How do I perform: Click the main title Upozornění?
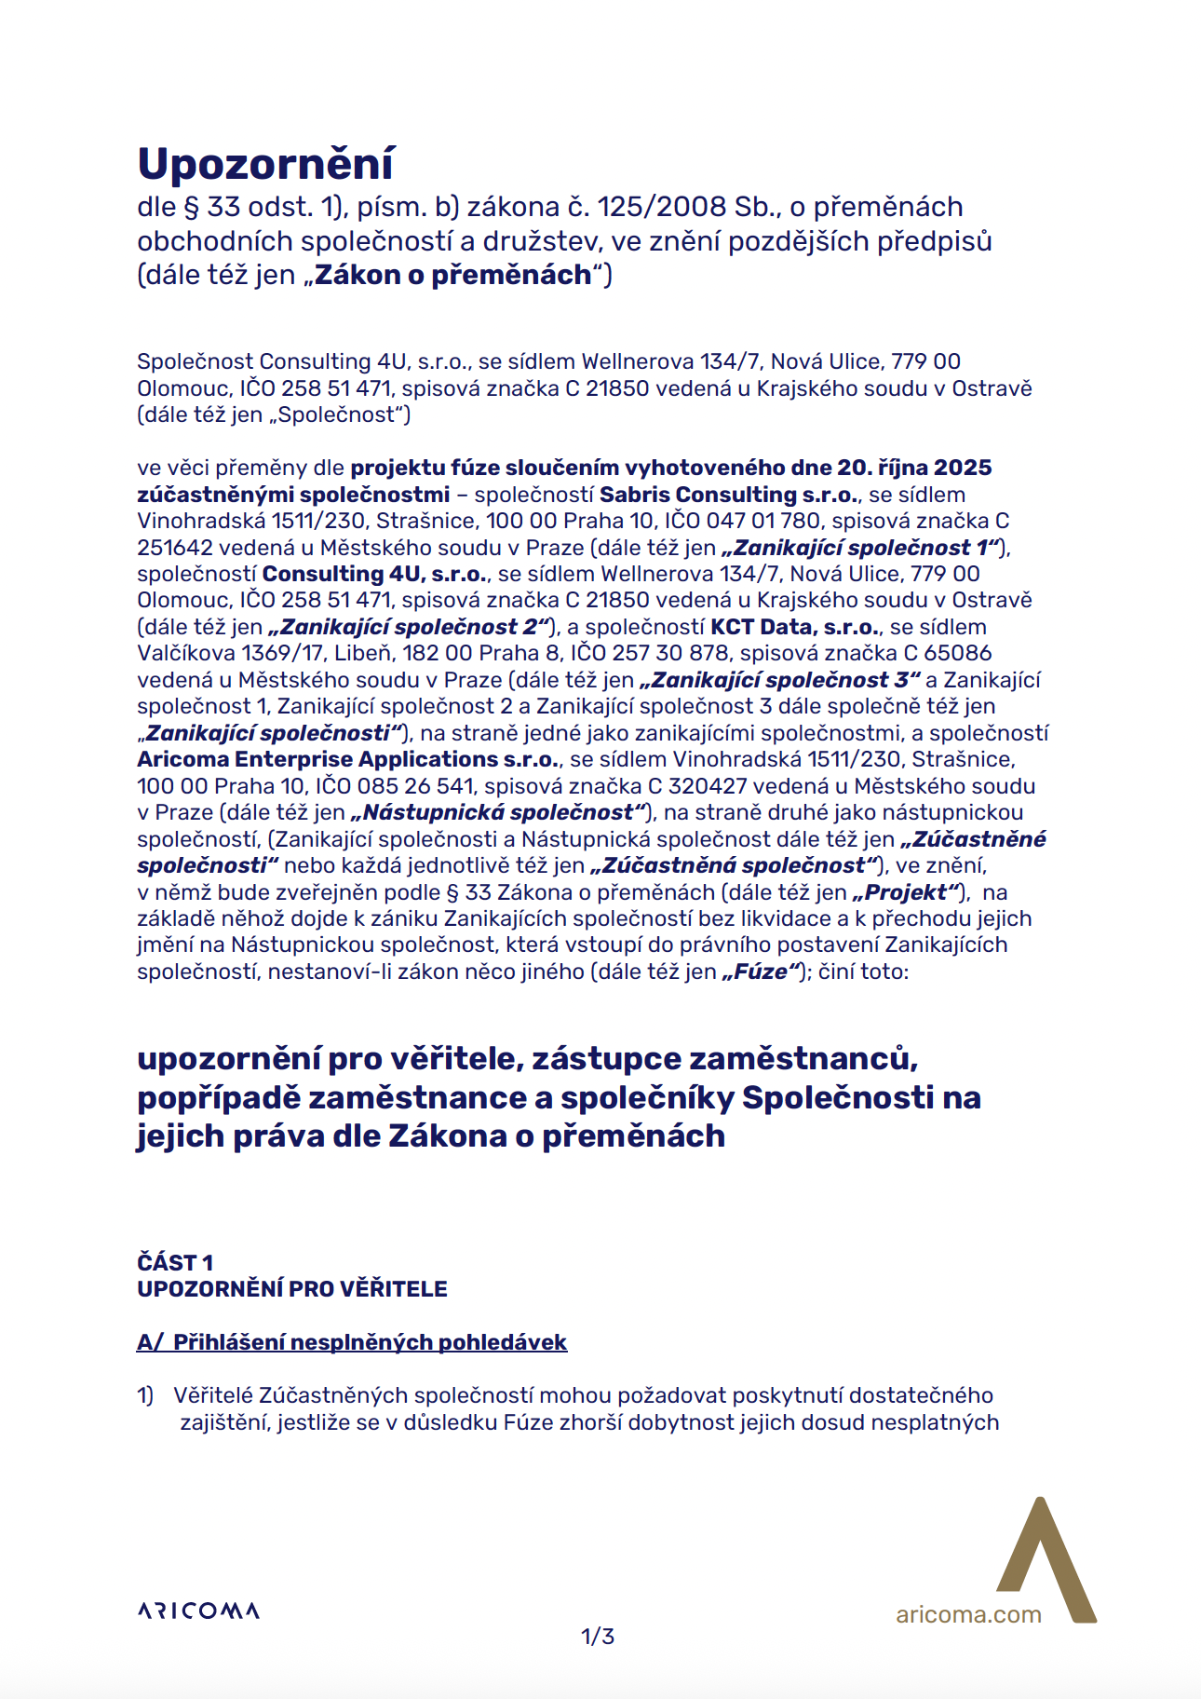(x=265, y=164)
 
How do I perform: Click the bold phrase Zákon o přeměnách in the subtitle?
(x=452, y=275)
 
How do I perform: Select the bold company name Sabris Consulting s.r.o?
(x=729, y=495)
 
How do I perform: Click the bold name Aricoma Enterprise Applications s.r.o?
(x=349, y=759)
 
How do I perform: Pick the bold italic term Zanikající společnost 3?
(x=780, y=680)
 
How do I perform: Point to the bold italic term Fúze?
(x=762, y=972)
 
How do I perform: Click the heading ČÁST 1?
(x=175, y=1262)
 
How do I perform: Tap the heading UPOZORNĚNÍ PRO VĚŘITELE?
(x=292, y=1289)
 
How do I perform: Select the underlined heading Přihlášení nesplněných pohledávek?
(x=370, y=1342)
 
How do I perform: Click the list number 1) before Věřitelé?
(x=145, y=1395)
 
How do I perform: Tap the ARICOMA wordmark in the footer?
(x=198, y=1611)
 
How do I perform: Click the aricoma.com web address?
(x=968, y=1615)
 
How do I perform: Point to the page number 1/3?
(x=598, y=1637)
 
